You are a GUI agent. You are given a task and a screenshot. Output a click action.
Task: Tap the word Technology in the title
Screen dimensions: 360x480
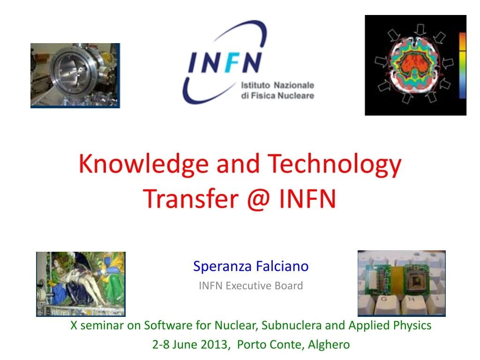pos(335,164)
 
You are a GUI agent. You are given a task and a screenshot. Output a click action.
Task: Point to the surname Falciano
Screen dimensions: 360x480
pos(283,266)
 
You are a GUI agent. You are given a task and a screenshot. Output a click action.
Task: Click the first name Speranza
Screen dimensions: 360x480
pos(223,266)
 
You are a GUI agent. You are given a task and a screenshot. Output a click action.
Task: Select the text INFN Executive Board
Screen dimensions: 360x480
pos(251,285)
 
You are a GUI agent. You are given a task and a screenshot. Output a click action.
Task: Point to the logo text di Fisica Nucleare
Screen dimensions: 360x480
pos(277,96)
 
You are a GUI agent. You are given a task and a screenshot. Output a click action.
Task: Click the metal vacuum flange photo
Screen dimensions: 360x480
pos(75,75)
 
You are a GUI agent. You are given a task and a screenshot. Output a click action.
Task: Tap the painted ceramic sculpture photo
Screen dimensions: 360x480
pos(81,283)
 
